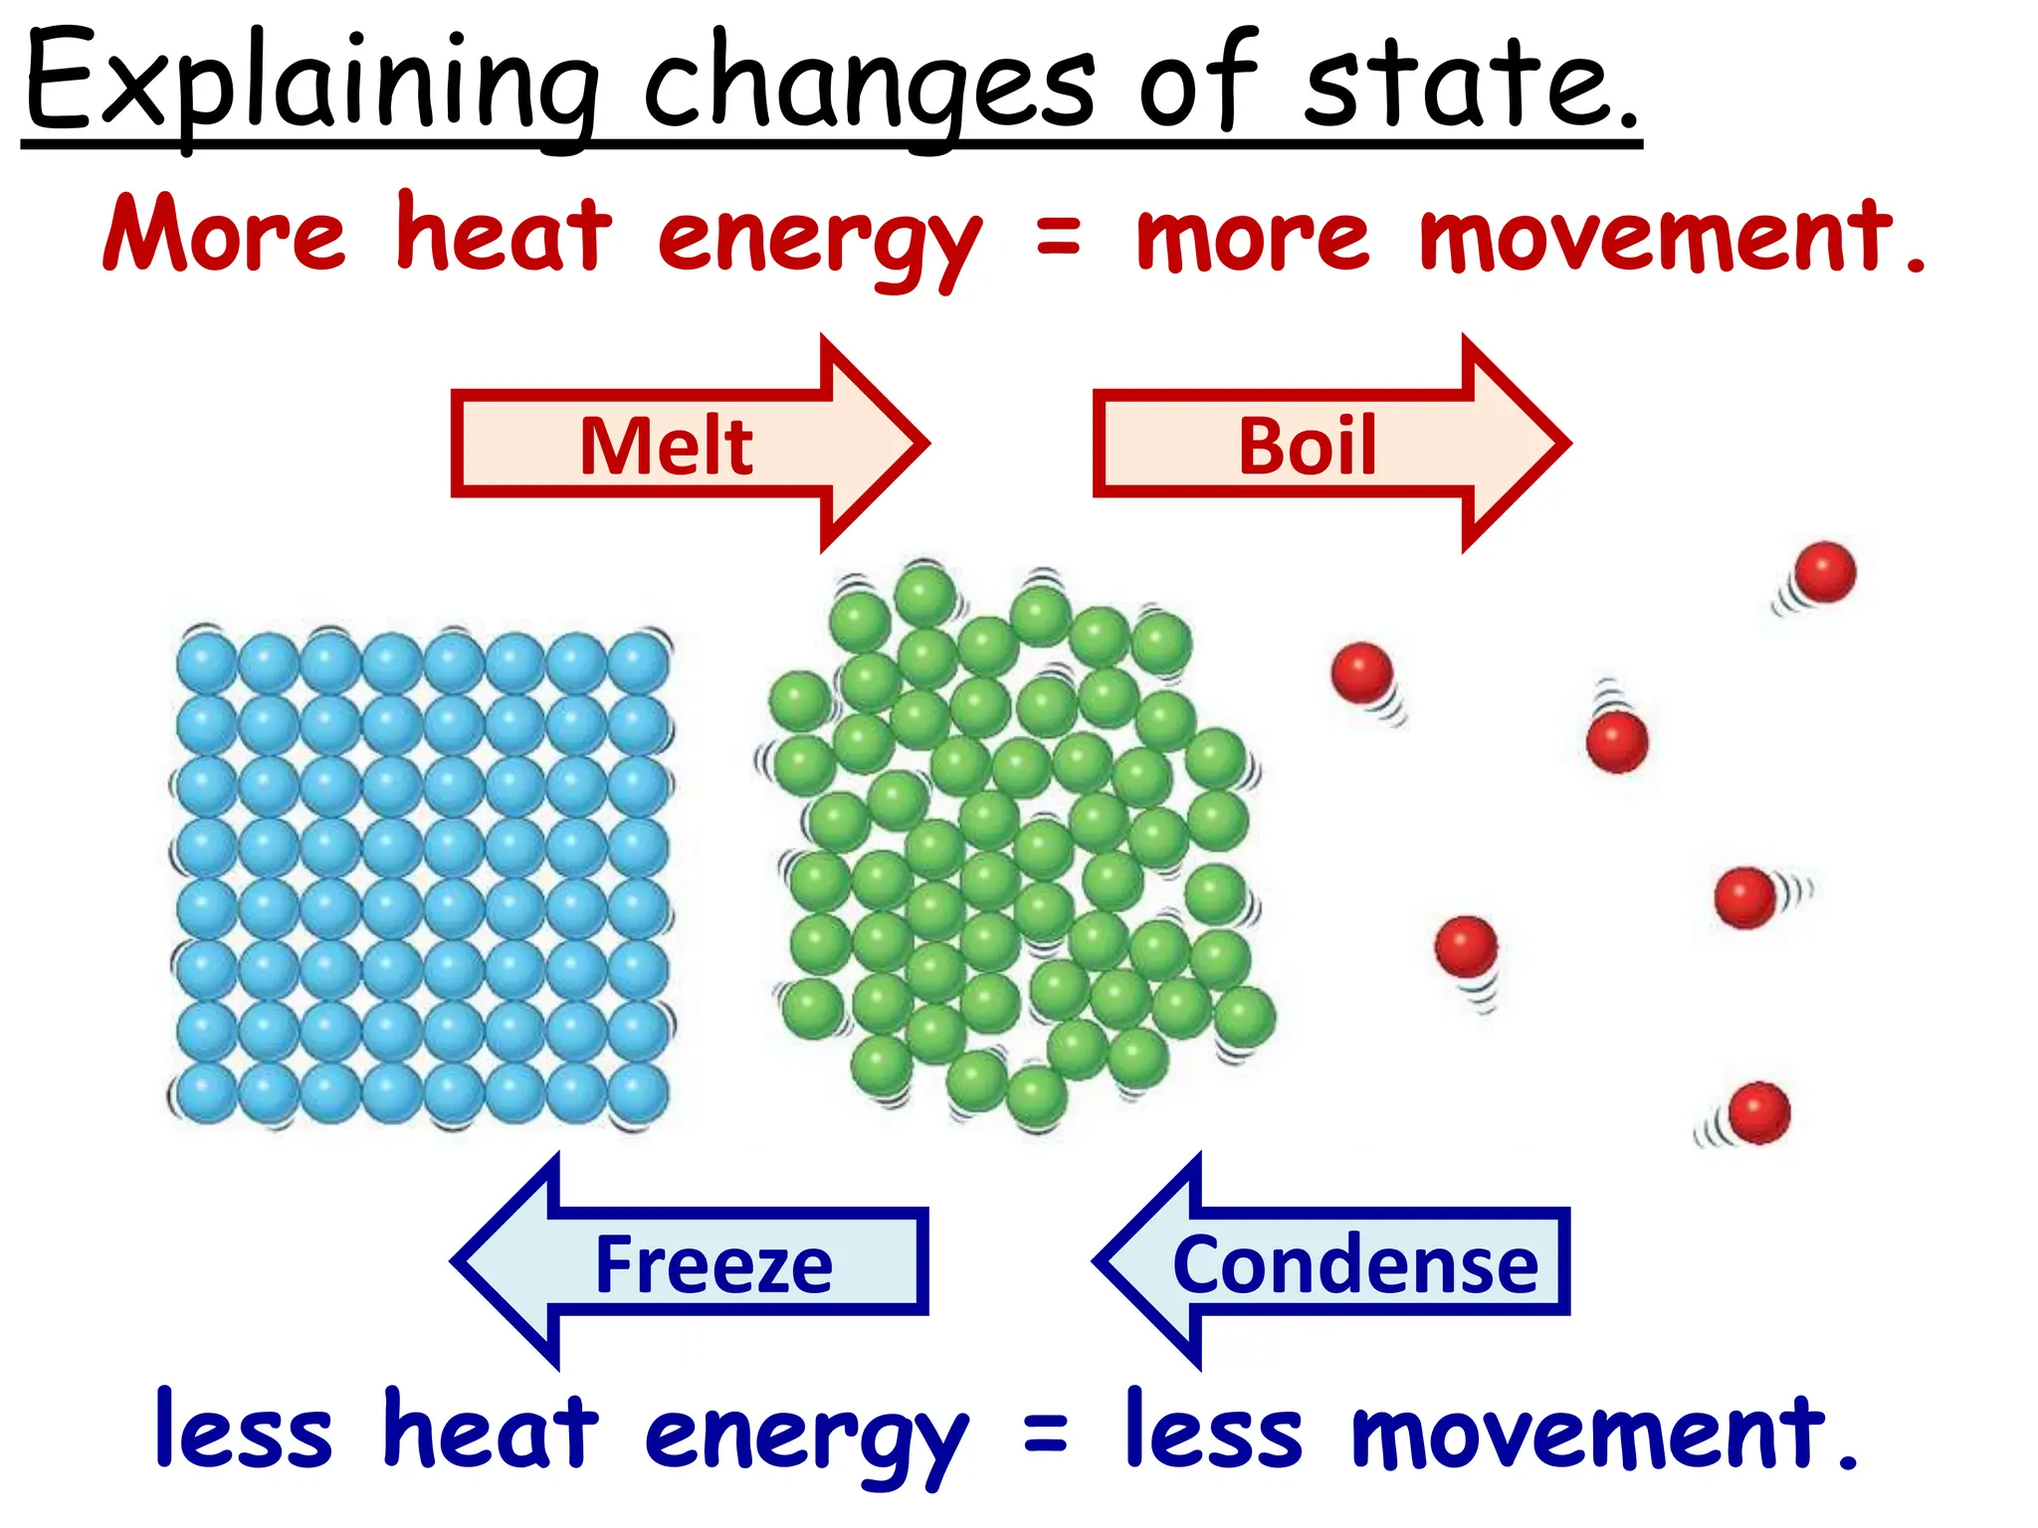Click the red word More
tap(225, 235)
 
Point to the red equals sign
tap(1057, 237)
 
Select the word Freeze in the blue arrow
tap(713, 1265)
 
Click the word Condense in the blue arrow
tap(1355, 1265)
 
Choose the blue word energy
tap(806, 1436)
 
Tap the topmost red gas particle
tap(1824, 572)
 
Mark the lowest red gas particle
tap(1758, 1113)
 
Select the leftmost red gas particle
tap(1361, 672)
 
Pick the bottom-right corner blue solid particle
tap(638, 1093)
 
